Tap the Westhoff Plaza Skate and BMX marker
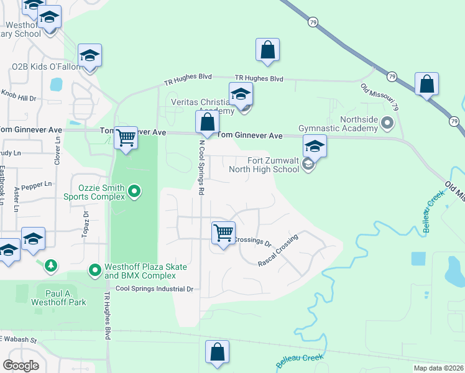pyautogui.click(x=94, y=270)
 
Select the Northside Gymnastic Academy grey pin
pyautogui.click(x=388, y=122)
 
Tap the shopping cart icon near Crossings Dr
pyautogui.click(x=223, y=233)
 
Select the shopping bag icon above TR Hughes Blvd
pyautogui.click(x=267, y=51)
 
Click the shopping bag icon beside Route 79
pyautogui.click(x=426, y=85)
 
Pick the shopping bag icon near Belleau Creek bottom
pyautogui.click(x=218, y=352)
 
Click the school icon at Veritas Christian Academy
pyautogui.click(x=241, y=95)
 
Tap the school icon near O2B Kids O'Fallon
pyautogui.click(x=90, y=56)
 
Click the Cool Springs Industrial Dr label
pyautogui.click(x=155, y=289)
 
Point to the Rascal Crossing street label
pyautogui.click(x=278, y=251)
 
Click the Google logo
pyautogui.click(x=21, y=366)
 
